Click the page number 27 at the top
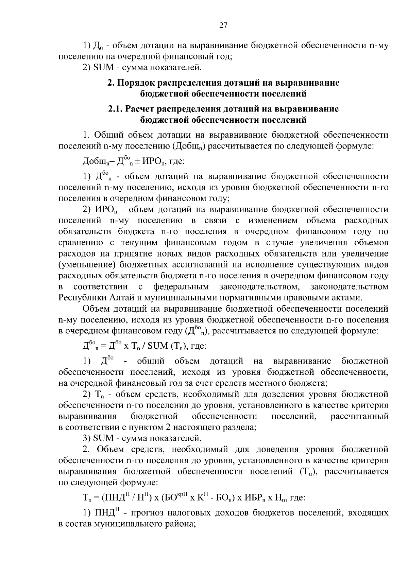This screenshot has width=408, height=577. (223, 25)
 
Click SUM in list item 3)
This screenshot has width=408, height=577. (103, 438)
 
